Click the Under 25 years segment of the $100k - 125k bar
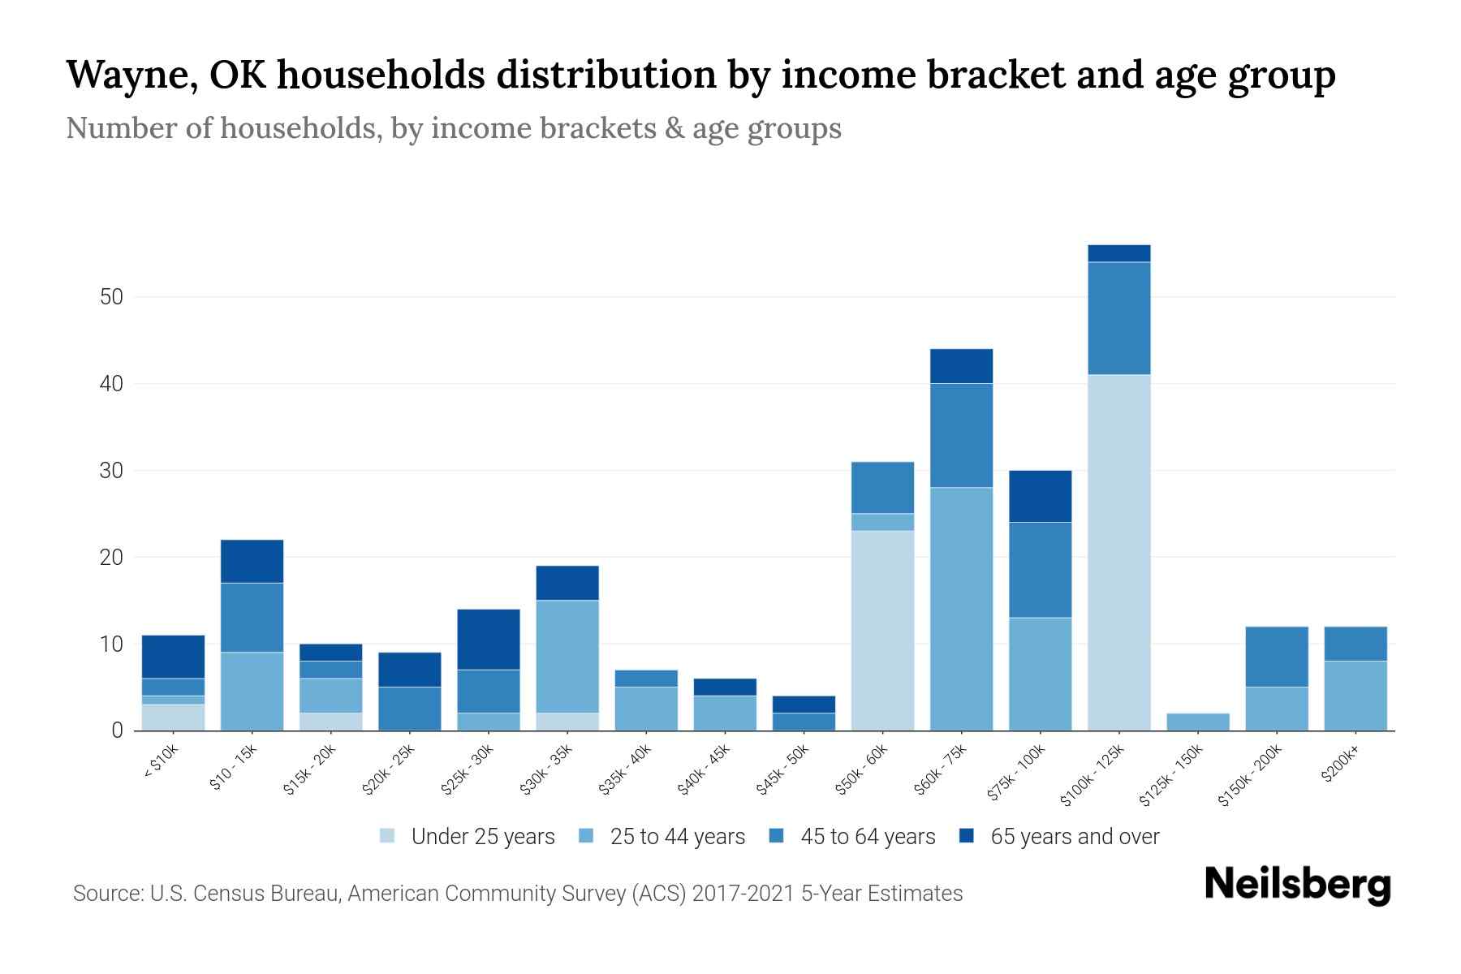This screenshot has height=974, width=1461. (1118, 552)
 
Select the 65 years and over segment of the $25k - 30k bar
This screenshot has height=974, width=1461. (489, 639)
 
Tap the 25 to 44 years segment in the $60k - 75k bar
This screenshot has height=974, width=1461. (961, 609)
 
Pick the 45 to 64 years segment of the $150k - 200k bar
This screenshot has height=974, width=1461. (1277, 657)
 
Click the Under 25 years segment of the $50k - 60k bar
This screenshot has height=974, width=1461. (882, 631)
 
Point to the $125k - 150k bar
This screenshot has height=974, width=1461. (1197, 722)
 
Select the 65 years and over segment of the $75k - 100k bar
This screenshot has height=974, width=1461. (1040, 496)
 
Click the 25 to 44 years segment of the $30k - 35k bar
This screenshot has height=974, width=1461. (567, 657)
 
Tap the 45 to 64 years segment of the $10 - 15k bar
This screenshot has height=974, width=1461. (252, 617)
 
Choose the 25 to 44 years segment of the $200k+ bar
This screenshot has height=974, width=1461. (1355, 696)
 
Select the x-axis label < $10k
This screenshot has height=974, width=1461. (161, 761)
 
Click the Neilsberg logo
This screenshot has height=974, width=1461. (1297, 885)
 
